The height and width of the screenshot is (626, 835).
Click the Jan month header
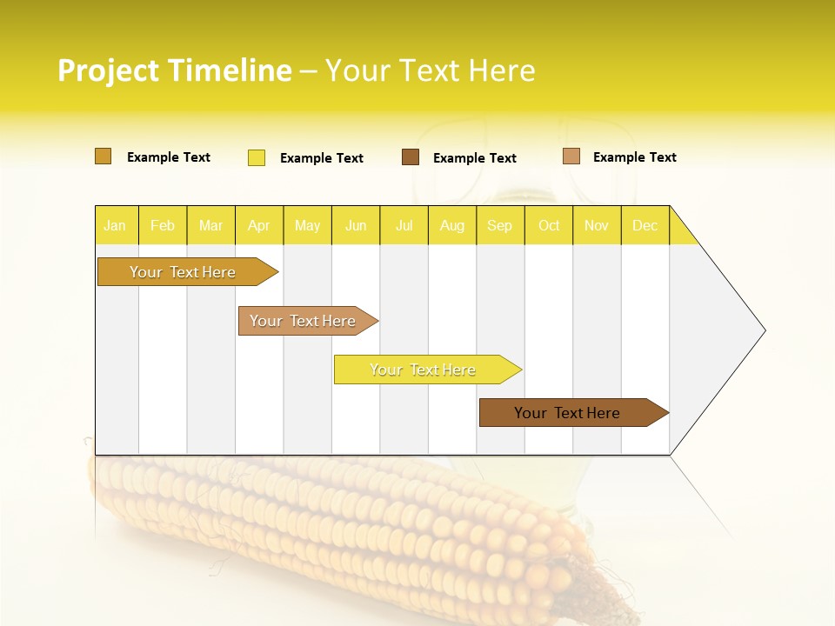point(116,225)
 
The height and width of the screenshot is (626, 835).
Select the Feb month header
point(163,225)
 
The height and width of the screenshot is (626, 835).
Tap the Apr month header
point(259,225)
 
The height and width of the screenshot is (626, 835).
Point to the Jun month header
point(356,225)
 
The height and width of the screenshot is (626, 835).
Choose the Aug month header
point(452,225)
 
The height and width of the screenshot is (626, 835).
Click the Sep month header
point(500,225)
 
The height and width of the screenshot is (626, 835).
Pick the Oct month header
point(549,225)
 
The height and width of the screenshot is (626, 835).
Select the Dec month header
point(645,225)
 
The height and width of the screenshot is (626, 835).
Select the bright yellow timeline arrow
point(424,370)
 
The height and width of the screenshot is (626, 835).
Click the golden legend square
point(103,156)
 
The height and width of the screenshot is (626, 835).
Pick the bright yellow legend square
point(257,157)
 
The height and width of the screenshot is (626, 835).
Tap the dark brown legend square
point(411,157)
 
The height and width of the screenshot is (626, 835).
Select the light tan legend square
point(571,156)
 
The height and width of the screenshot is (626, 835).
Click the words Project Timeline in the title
point(174,70)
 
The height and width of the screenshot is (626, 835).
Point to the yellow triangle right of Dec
point(681,231)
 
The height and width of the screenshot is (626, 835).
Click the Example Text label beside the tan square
point(634,157)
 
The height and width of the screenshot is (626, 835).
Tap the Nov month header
point(597,225)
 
